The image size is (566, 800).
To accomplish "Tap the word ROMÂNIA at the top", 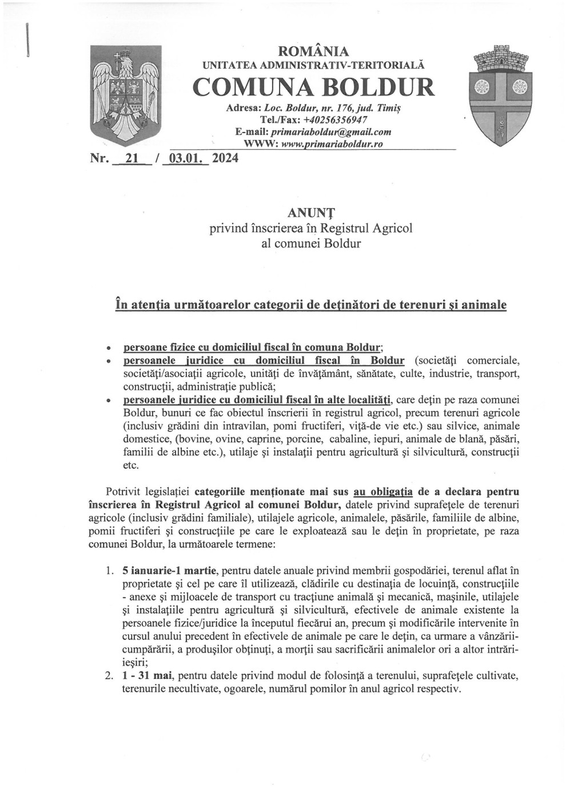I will tap(313, 52).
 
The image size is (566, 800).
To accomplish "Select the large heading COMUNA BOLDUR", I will tap(313, 87).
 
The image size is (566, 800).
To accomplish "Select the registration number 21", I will tap(131, 160).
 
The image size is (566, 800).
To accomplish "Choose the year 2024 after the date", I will tap(225, 160).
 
